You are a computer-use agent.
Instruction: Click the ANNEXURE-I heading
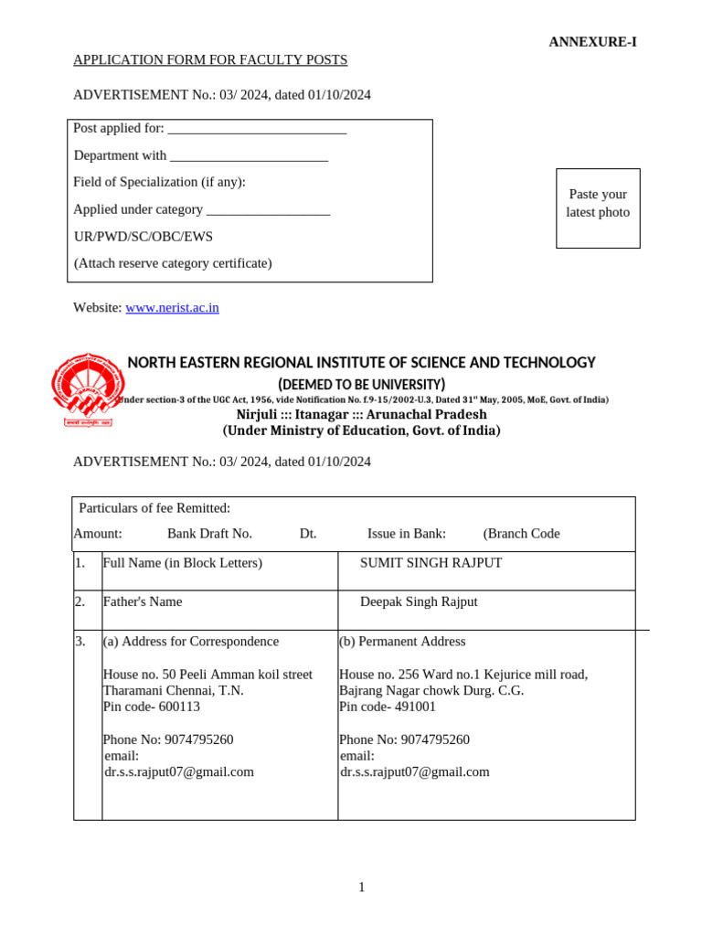click(592, 42)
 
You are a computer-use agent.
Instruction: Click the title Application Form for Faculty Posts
click(210, 60)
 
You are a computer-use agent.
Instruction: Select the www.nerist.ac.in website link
click(172, 308)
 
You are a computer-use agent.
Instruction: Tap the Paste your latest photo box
click(598, 207)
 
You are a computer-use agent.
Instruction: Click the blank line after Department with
click(249, 156)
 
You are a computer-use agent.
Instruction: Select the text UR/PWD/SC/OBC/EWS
click(143, 237)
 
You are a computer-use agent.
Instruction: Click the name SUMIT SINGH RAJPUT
click(431, 563)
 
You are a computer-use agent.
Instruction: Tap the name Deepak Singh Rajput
click(419, 602)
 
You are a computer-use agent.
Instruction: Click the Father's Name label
click(142, 602)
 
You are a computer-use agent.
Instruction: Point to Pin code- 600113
click(152, 707)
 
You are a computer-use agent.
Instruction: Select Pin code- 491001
click(388, 707)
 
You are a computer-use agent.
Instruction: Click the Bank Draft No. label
click(209, 534)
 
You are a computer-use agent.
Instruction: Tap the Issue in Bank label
click(407, 534)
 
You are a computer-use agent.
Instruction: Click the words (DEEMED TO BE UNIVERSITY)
click(361, 384)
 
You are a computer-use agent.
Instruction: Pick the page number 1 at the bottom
click(362, 888)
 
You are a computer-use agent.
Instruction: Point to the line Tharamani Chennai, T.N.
click(173, 691)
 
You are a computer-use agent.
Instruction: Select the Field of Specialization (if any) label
click(159, 182)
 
